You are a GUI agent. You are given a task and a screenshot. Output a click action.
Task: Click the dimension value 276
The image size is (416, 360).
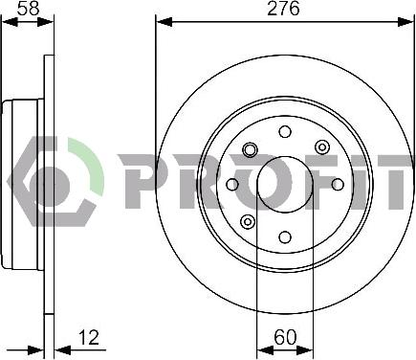coord(283,9)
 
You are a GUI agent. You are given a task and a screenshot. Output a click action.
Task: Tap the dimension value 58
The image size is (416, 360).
coord(29,9)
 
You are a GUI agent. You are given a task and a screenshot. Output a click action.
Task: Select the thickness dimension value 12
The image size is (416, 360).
coord(88,337)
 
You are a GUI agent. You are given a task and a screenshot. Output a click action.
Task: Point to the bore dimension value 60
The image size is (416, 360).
coord(285,337)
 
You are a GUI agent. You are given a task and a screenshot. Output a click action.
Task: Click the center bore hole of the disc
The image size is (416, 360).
coord(285,184)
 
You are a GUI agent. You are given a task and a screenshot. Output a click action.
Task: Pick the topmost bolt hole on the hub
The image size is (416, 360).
coord(285,131)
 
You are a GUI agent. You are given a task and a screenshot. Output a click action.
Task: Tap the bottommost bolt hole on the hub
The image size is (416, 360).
coord(285,237)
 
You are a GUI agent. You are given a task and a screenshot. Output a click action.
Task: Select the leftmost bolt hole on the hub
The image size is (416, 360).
coord(232,184)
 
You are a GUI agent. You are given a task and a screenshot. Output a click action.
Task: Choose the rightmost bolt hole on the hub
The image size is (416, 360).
coord(338,184)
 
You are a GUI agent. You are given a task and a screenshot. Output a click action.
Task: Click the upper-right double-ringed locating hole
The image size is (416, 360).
coord(322,147)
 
